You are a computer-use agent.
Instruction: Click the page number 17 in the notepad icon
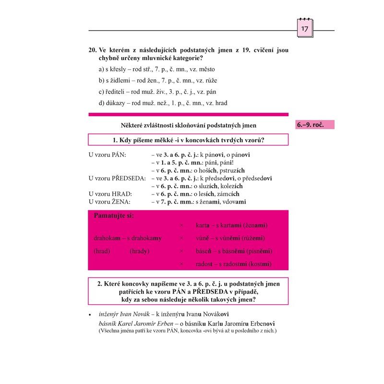pos(305,30)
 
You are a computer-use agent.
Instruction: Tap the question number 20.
pos(93,49)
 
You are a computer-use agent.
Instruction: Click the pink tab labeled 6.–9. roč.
pos(312,125)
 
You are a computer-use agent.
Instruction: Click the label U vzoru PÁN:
pos(107,155)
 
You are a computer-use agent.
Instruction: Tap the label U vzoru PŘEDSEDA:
pos(117,178)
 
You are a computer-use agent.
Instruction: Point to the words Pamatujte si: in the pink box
pos(114,216)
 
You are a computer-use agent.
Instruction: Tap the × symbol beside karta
pos(181,225)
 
